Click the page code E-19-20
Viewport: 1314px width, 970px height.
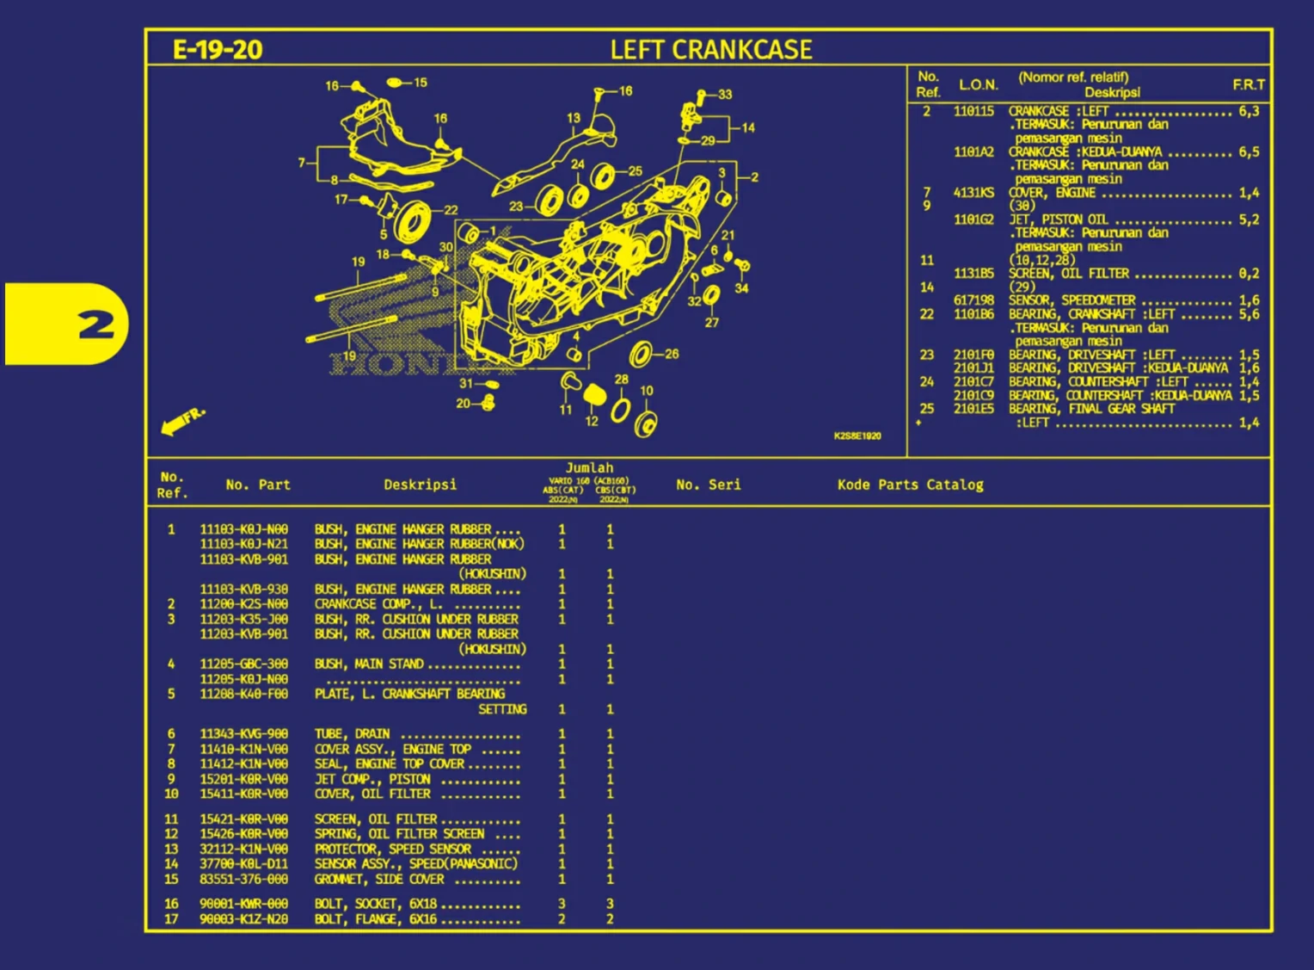pyautogui.click(x=218, y=50)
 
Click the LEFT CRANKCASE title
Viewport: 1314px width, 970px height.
pyautogui.click(x=710, y=50)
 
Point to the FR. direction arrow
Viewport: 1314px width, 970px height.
pyautogui.click(x=183, y=421)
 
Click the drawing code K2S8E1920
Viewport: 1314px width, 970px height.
pyautogui.click(x=857, y=436)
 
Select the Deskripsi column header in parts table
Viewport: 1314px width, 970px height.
pyautogui.click(x=420, y=485)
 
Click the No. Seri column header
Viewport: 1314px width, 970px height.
pyautogui.click(x=708, y=485)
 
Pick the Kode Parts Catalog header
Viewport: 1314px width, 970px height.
pyautogui.click(x=910, y=485)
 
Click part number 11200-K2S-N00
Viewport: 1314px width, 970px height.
pyautogui.click(x=243, y=604)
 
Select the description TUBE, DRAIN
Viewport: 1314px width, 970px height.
pyautogui.click(x=352, y=734)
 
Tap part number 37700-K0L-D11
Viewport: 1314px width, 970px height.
pyautogui.click(x=243, y=864)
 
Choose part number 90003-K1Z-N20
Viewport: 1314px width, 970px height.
pyautogui.click(x=243, y=919)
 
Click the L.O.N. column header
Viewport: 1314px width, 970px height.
pyautogui.click(x=978, y=84)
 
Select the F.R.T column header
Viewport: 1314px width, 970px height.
pyautogui.click(x=1248, y=84)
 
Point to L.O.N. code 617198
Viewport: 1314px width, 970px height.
pyautogui.click(x=973, y=300)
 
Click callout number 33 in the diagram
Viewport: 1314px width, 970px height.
pyautogui.click(x=725, y=95)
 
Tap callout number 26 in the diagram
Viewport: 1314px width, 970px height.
pyautogui.click(x=672, y=354)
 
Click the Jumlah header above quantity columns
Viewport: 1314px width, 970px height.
pyautogui.click(x=589, y=468)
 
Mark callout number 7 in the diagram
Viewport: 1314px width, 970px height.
pyautogui.click(x=302, y=162)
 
